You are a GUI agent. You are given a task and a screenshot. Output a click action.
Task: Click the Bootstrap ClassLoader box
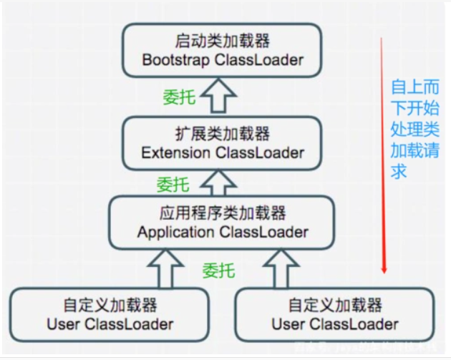coord(222,50)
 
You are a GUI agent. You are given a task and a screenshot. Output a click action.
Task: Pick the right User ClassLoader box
coord(334,315)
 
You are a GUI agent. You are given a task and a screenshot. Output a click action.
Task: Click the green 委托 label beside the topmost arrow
coord(179,97)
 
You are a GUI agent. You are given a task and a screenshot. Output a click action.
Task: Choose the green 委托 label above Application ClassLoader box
coord(173,185)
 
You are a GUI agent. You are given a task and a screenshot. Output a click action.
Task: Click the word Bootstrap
coord(175,59)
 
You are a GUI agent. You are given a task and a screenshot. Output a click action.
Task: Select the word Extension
coord(175,152)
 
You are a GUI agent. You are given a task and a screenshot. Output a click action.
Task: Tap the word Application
coord(175,232)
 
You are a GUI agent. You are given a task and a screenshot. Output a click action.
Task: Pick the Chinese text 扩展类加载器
coord(222,134)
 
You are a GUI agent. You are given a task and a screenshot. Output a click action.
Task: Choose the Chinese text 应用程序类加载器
coord(222,213)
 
